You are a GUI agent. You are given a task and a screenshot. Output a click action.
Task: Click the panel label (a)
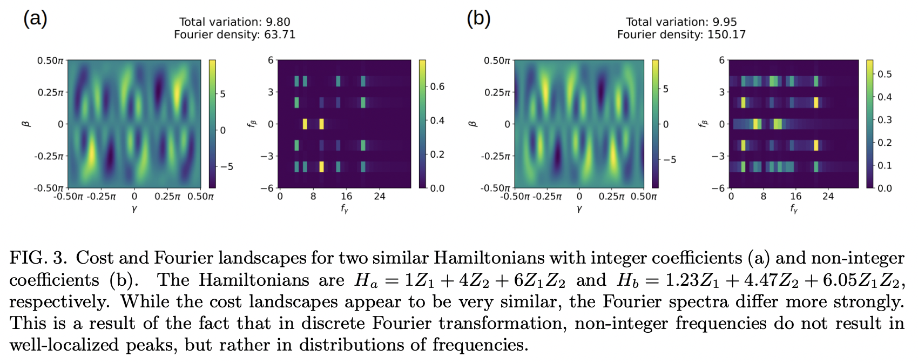click(35, 18)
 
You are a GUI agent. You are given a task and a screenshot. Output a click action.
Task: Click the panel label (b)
click(478, 18)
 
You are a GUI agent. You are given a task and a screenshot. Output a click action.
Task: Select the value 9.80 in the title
click(278, 22)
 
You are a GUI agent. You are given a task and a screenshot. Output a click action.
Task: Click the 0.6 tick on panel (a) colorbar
click(437, 86)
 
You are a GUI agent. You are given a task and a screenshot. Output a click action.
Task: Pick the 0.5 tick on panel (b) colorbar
click(885, 74)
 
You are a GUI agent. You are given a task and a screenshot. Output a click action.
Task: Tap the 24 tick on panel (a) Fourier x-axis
click(380, 197)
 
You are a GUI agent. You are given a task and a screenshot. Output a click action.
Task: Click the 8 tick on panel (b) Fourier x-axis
click(764, 197)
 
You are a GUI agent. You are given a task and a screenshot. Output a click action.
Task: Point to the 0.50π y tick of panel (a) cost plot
click(50, 60)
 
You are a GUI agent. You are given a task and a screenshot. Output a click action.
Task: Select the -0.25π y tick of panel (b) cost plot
click(495, 156)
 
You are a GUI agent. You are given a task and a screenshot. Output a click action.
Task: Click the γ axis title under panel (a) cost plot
click(134, 209)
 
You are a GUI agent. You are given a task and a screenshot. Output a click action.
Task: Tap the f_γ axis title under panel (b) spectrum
click(794, 209)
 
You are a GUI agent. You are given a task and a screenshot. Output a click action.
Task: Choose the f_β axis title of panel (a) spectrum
click(252, 124)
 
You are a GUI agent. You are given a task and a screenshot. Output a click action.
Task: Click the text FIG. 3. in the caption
click(38, 258)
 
